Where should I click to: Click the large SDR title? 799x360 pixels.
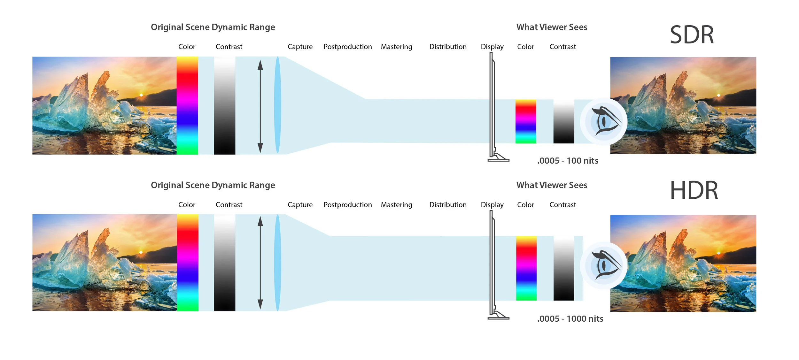[692, 35]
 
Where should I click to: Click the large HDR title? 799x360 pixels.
[694, 190]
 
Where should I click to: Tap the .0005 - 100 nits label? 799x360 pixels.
[568, 161]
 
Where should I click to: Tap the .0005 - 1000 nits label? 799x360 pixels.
[570, 319]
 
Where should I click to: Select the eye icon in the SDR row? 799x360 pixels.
[604, 121]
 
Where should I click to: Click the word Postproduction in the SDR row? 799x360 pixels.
[348, 47]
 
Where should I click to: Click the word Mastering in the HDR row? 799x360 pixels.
[396, 205]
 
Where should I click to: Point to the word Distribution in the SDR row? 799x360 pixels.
[448, 47]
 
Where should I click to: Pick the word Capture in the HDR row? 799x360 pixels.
[300, 205]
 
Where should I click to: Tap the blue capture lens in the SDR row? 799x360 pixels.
[277, 105]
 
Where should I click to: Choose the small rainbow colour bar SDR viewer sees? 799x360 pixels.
[526, 121]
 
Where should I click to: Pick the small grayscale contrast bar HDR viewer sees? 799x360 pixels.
[564, 268]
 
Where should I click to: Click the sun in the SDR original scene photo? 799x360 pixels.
[141, 95]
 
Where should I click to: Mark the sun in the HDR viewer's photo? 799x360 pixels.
[719, 253]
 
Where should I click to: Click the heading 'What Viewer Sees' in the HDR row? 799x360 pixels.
[552, 185]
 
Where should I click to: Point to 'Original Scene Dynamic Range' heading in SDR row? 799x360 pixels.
[213, 27]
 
